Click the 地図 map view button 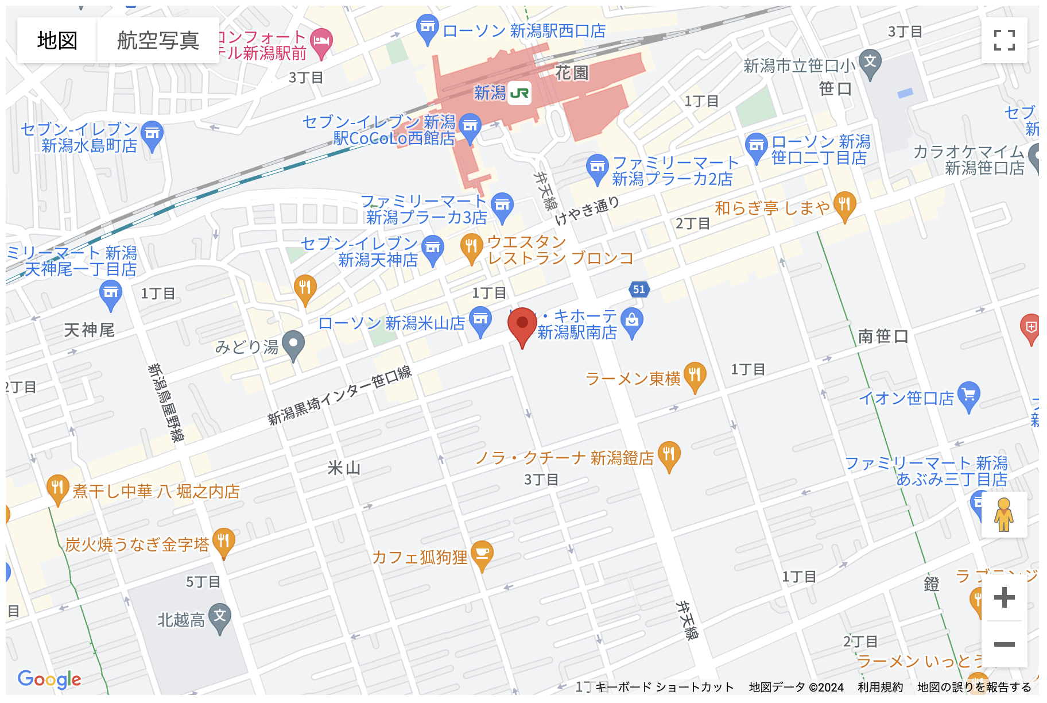(57, 40)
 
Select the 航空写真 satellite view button (158, 40)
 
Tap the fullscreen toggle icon (1004, 40)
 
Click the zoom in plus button (1004, 598)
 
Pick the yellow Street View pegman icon (1004, 515)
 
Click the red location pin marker (522, 325)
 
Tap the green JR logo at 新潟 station (519, 93)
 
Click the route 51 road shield (639, 289)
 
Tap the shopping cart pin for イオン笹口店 (969, 395)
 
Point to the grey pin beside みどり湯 (294, 345)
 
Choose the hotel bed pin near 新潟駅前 (321, 42)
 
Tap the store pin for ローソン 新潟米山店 (480, 320)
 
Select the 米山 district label (344, 468)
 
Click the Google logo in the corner (49, 679)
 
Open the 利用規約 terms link (880, 687)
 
